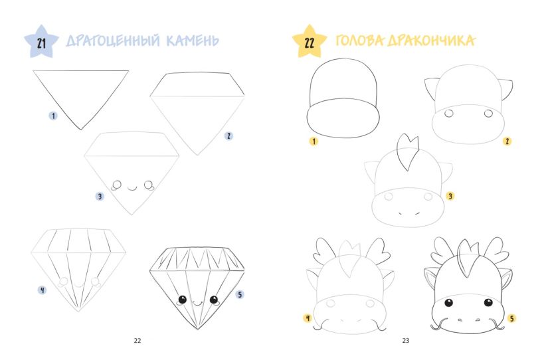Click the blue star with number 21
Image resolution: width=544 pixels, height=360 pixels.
41,42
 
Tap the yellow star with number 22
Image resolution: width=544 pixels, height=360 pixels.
309,42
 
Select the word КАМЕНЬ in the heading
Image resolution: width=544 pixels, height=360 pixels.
193,41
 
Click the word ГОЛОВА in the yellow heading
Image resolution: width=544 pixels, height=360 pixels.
360,41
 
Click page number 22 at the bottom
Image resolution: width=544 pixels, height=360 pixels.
137,341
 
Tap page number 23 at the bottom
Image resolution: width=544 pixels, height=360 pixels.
406,341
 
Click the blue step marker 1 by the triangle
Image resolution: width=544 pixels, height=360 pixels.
53,116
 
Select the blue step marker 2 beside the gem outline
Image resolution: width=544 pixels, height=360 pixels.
228,136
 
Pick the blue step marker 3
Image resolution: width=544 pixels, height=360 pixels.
100,197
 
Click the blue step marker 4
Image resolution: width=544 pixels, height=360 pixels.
43,290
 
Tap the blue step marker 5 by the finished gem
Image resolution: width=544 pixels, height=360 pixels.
240,295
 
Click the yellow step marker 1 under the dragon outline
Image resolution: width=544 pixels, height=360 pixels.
314,141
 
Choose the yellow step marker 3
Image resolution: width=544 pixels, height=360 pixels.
450,197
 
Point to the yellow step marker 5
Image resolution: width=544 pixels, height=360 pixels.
511,318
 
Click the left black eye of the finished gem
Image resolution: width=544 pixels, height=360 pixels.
183,299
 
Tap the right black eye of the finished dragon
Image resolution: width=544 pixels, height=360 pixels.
488,302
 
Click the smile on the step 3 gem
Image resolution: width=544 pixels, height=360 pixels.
132,189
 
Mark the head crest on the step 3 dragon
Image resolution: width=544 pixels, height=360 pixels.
408,151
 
